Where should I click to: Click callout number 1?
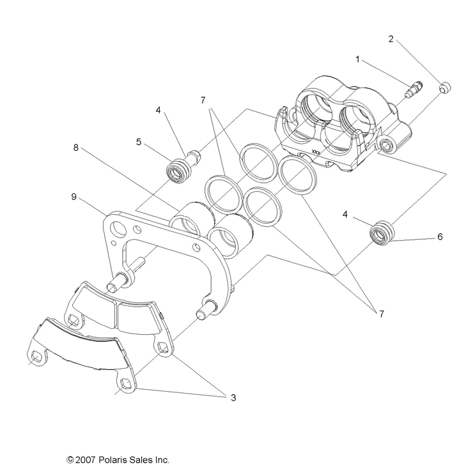(x=359, y=59)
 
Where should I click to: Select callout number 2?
(x=391, y=38)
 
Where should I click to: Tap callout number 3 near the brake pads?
(x=233, y=397)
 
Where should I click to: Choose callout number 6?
(x=440, y=236)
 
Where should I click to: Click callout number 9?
(x=74, y=197)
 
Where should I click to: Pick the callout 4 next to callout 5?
(x=159, y=109)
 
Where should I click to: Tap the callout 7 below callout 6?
(x=382, y=314)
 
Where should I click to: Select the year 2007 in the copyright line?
(x=87, y=459)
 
